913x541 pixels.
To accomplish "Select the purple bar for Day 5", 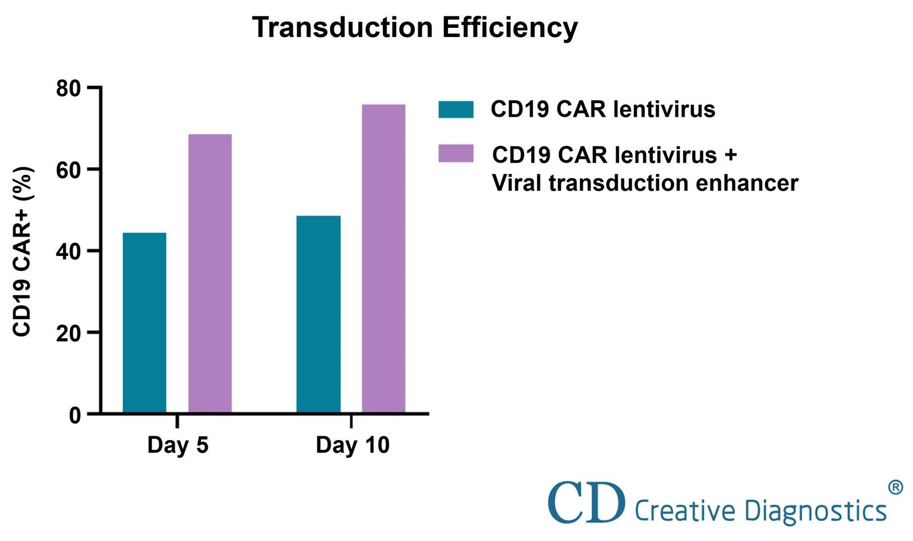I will pyautogui.click(x=210, y=274).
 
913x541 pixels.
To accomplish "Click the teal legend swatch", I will pyautogui.click(x=455, y=109).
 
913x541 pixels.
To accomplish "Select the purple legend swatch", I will pyautogui.click(x=455, y=153).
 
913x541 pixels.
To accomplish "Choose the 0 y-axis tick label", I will pyautogui.click(x=75, y=415).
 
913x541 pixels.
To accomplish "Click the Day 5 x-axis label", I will pyautogui.click(x=177, y=445).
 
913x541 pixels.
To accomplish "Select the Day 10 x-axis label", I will pyautogui.click(x=352, y=445).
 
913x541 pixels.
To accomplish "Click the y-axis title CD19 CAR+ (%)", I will pyautogui.click(x=22, y=251).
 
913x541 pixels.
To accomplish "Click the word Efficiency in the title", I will pyautogui.click(x=510, y=27).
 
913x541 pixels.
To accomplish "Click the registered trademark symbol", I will pyautogui.click(x=895, y=487).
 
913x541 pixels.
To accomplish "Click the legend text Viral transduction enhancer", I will pyautogui.click(x=644, y=183).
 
